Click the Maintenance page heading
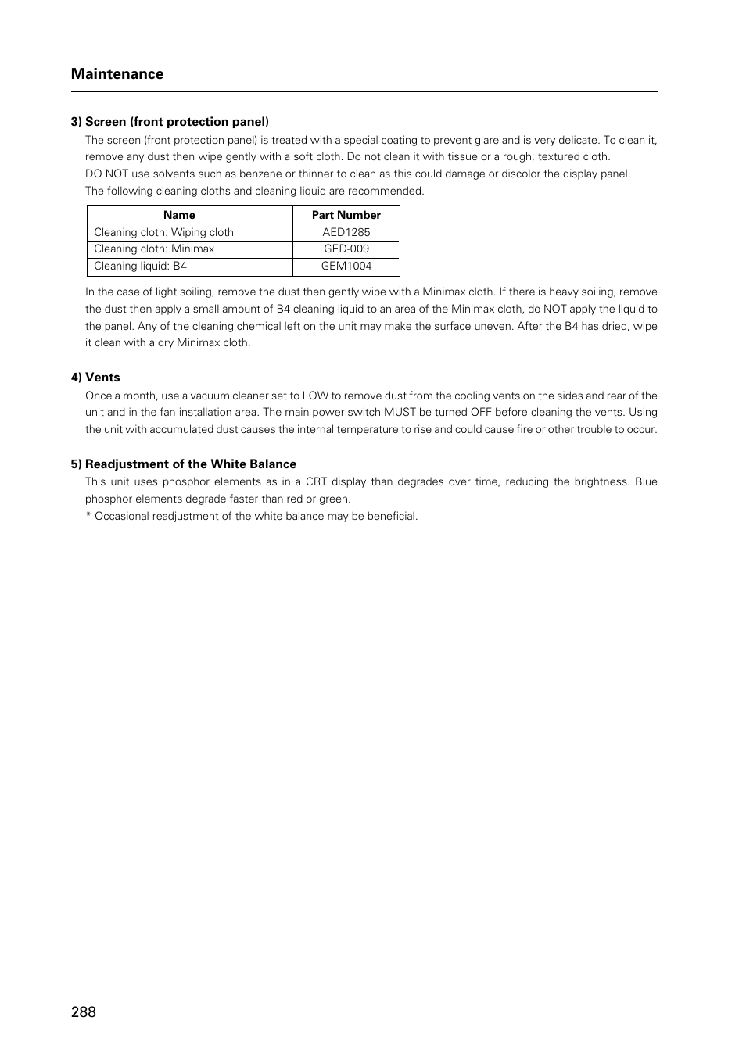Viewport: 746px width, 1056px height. coord(117,74)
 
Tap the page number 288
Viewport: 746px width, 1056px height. coord(83,1011)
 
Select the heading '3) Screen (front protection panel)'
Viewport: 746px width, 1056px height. coord(170,122)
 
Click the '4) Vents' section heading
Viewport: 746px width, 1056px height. coord(95,378)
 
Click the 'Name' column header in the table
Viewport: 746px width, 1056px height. coord(179,215)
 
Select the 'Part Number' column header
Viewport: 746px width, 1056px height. coord(346,215)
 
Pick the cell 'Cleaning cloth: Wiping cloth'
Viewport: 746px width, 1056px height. coord(163,232)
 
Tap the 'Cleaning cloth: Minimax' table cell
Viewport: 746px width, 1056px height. coord(154,249)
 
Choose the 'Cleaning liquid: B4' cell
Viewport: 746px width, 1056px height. coord(140,266)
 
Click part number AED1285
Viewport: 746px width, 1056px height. coord(346,232)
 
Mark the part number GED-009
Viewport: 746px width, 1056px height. coord(346,249)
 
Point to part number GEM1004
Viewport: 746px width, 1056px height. coord(346,266)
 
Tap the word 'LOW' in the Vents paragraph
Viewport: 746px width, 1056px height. coord(315,396)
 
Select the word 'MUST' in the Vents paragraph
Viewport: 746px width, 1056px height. coord(400,413)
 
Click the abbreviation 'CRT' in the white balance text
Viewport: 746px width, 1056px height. coord(316,482)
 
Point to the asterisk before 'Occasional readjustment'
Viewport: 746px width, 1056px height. coord(88,516)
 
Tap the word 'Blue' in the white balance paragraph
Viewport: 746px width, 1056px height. coord(646,482)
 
